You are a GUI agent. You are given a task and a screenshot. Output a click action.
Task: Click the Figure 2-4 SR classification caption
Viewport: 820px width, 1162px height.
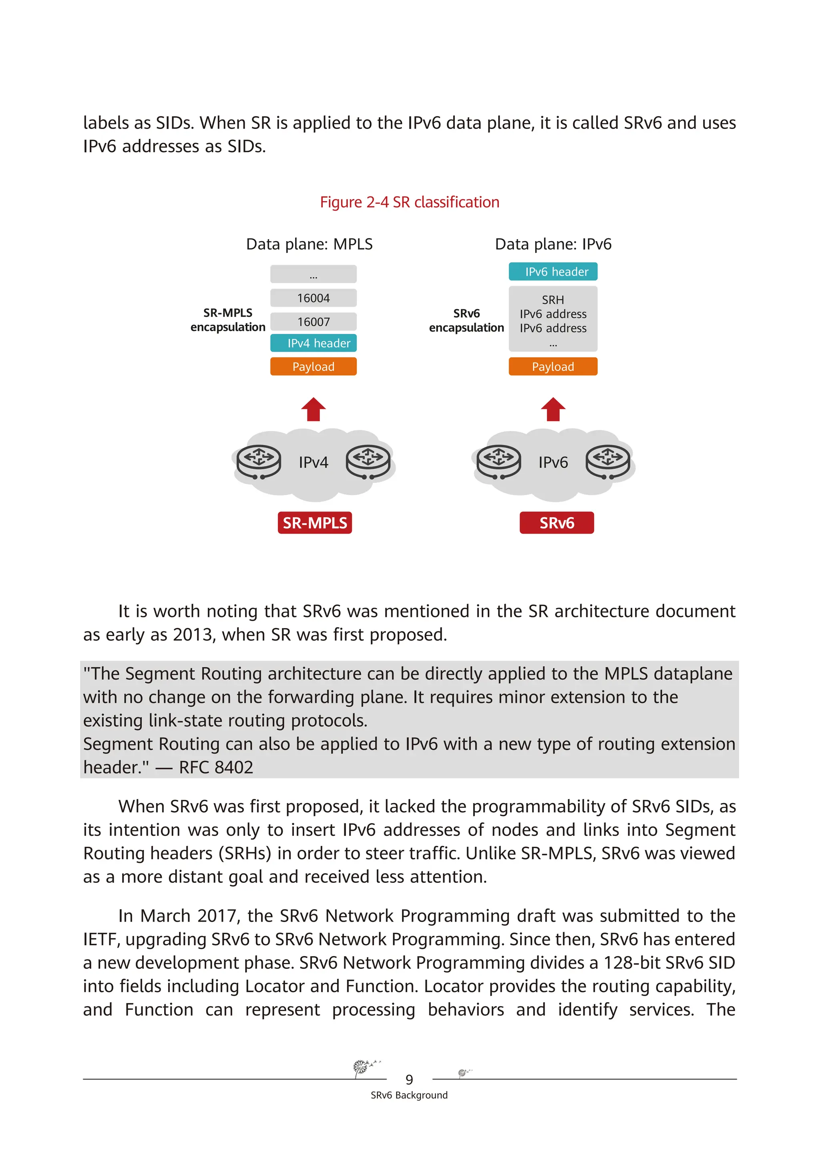pyautogui.click(x=409, y=202)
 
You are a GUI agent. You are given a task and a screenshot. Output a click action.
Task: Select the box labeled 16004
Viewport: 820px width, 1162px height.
pyautogui.click(x=313, y=298)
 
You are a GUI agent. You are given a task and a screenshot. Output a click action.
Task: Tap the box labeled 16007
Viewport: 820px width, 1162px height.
pyautogui.click(x=313, y=322)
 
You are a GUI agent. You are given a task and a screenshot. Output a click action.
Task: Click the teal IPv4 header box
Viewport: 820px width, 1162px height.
pyautogui.click(x=313, y=343)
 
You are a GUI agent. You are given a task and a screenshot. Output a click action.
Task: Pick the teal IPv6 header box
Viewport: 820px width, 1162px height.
pyautogui.click(x=553, y=272)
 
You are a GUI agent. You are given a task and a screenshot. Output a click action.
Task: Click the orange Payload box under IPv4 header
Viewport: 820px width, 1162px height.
pyautogui.click(x=313, y=367)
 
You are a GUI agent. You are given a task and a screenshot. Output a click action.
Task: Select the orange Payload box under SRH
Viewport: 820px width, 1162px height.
pyautogui.click(x=553, y=367)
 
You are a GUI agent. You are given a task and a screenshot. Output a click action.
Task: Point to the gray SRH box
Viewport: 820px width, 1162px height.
pyautogui.click(x=553, y=319)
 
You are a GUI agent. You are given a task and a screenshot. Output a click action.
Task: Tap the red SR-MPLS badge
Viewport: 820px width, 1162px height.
pyautogui.click(x=315, y=523)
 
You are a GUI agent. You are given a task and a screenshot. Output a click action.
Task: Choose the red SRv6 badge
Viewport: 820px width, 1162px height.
pyautogui.click(x=557, y=523)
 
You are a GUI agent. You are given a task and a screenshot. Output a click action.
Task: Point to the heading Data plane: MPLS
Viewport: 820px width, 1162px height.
pyautogui.click(x=309, y=244)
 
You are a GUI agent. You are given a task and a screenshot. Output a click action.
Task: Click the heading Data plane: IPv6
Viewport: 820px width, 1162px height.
pyautogui.click(x=553, y=244)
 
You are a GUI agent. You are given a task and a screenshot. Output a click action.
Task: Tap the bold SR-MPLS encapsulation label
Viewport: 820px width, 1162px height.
pyautogui.click(x=228, y=320)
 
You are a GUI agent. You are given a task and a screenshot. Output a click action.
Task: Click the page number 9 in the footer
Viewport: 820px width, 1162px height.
pyautogui.click(x=409, y=1079)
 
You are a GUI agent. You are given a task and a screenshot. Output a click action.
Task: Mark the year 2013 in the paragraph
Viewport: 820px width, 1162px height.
pyautogui.click(x=192, y=634)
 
